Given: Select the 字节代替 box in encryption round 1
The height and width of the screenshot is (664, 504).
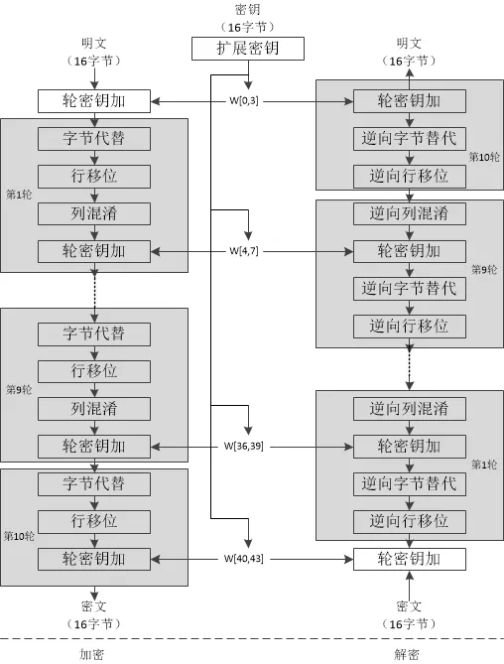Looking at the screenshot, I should [94, 138].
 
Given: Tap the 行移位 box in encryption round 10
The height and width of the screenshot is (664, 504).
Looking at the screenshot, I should [94, 521].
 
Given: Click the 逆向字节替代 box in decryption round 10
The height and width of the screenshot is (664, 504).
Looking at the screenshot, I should [409, 138].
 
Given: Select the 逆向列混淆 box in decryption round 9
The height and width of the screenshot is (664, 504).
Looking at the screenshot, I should [409, 213].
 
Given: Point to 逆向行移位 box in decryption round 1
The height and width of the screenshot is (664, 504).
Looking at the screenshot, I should [409, 521].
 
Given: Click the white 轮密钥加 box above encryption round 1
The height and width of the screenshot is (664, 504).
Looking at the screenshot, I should [94, 100].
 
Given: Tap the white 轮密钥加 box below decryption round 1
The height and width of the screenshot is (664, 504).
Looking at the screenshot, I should [409, 559].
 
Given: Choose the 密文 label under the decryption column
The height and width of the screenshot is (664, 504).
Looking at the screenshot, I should [409, 605].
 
